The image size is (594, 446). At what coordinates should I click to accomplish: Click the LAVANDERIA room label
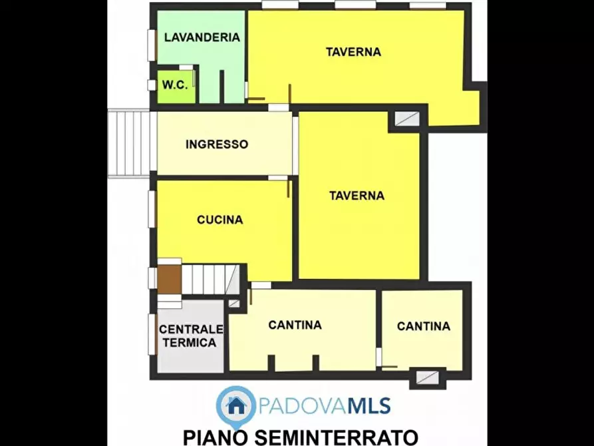[202, 38]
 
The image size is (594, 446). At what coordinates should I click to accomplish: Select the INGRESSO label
[217, 144]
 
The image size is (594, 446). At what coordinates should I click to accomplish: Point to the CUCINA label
[220, 220]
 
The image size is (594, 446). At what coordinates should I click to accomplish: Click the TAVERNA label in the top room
[353, 52]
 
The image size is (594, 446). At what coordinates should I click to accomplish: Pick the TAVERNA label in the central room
[357, 196]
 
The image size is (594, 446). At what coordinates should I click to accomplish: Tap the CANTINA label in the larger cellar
[295, 325]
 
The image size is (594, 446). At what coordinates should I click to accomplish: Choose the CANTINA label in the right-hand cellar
[423, 326]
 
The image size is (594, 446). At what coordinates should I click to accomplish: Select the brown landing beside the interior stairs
[170, 279]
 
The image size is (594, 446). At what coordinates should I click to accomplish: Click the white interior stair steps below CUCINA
[210, 279]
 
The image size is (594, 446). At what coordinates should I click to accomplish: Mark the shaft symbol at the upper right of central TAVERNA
[407, 119]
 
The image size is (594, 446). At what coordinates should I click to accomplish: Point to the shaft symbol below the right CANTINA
[427, 377]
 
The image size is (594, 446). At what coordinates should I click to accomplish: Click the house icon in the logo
[235, 404]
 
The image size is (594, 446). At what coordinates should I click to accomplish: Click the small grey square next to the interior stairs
[233, 304]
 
